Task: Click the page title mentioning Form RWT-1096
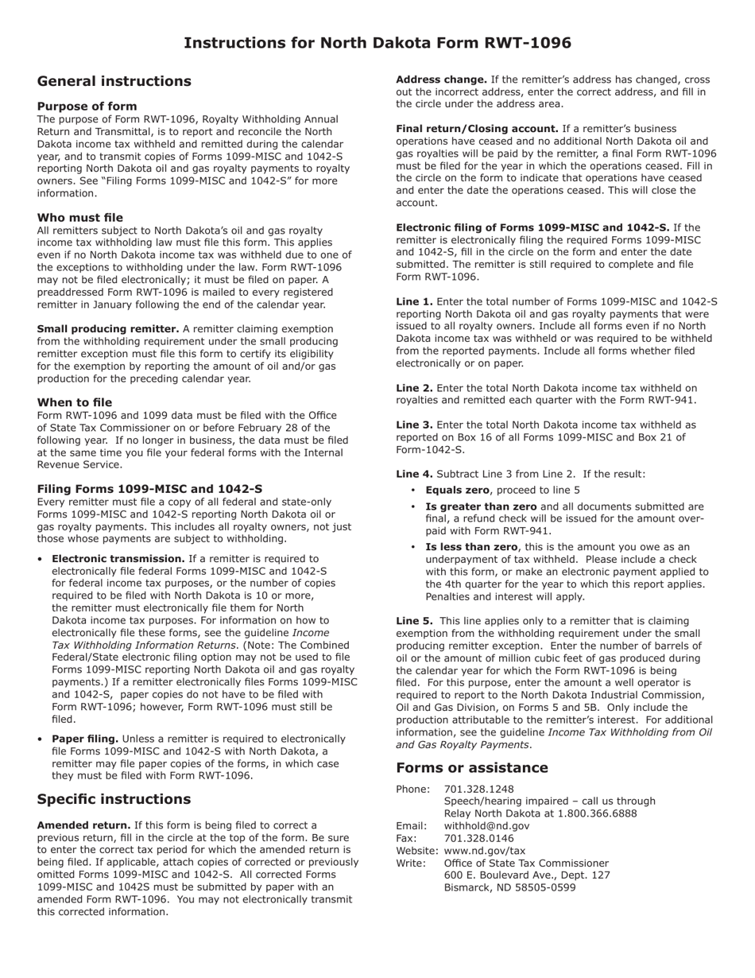click(377, 43)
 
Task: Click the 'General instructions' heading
click(114, 81)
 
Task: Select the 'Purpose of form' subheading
click(87, 107)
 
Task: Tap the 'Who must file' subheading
click(79, 218)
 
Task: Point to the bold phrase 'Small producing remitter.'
click(107, 329)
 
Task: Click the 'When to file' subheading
click(74, 403)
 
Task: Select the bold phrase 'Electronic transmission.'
click(118, 559)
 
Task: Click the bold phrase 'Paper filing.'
click(85, 739)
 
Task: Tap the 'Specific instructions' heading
click(114, 799)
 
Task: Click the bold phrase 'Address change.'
click(441, 80)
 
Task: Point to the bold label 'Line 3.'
click(414, 425)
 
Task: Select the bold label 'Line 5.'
click(414, 621)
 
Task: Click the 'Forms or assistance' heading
click(471, 767)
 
